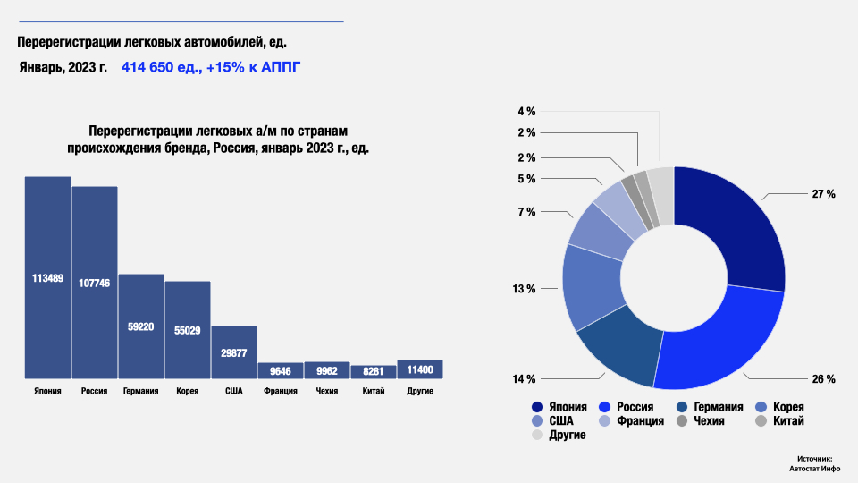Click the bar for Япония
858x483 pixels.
point(47,277)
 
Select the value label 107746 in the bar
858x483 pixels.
point(94,283)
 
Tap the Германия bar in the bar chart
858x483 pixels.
point(141,326)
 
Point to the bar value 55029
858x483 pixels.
point(187,330)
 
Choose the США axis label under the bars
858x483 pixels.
point(233,391)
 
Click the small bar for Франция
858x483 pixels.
point(280,370)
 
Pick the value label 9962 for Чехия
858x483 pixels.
point(326,370)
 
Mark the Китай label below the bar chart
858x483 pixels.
point(373,391)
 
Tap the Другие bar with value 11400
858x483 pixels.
point(419,369)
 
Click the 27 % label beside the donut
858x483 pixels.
point(823,194)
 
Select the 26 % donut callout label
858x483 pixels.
point(823,379)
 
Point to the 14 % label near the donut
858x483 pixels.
point(524,379)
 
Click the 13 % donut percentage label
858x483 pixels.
point(524,289)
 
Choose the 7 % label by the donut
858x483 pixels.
point(526,212)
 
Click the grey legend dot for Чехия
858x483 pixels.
point(683,421)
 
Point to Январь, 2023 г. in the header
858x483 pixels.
point(63,68)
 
